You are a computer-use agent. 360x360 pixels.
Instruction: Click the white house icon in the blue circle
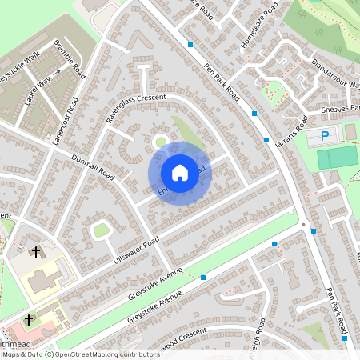180,173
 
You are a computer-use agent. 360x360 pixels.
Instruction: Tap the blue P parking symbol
324,135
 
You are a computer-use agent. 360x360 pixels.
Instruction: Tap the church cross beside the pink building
29,319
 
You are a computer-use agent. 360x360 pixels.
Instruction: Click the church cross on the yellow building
34,252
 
